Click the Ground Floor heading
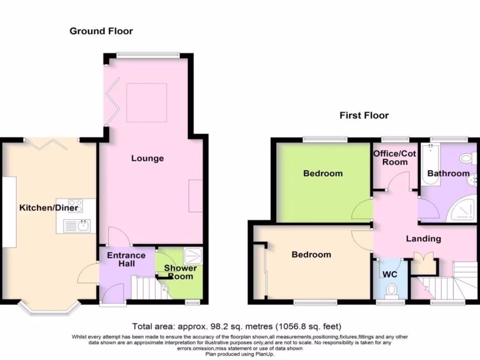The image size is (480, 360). coord(101,31)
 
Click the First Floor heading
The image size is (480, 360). coord(364,115)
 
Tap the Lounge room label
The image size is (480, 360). coord(148,158)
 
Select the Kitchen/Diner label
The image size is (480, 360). coord(49,208)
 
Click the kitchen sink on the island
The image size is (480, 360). coord(77,226)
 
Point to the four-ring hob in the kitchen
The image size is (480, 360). coord(75,206)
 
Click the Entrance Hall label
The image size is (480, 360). coord(126,259)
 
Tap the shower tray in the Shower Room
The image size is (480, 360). coord(193,256)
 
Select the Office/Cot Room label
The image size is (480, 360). coord(395,157)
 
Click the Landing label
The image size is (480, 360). coord(423,239)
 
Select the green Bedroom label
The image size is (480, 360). coord(323,173)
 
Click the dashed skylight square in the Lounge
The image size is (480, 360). coord(147,103)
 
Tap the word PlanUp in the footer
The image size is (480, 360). coord(265,354)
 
